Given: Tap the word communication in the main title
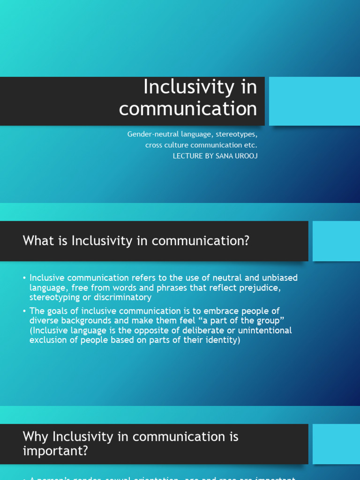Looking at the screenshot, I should click(188, 109).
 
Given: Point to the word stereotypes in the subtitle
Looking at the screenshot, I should click(236, 134).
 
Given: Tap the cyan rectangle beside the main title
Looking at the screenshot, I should click(314, 101).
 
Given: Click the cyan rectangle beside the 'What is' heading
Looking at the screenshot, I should click(336, 241).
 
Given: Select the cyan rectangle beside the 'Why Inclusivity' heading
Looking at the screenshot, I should click(336, 444).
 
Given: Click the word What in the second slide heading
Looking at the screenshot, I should click(36, 241).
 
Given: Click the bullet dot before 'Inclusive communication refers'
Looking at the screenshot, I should click(24, 278).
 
